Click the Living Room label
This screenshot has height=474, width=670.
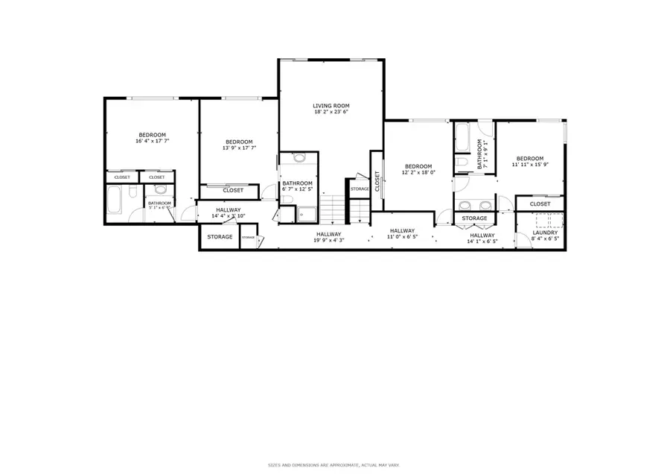pos(331,106)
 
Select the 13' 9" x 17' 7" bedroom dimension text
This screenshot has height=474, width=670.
pos(239,148)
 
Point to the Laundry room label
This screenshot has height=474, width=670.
pos(546,233)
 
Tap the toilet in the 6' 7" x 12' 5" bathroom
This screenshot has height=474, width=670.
pos(299,158)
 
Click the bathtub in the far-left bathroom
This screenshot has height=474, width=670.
pos(118,200)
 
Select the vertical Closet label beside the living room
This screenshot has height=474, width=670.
pos(377,181)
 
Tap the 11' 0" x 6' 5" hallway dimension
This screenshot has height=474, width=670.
pos(402,237)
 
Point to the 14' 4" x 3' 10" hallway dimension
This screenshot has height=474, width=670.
pos(228,216)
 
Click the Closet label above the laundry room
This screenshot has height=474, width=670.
pos(540,203)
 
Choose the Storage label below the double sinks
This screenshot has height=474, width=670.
pos(474,218)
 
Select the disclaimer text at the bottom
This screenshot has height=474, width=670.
pos(334,465)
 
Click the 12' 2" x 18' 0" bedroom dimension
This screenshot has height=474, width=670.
pos(418,172)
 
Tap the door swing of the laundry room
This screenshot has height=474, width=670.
pos(523,241)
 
